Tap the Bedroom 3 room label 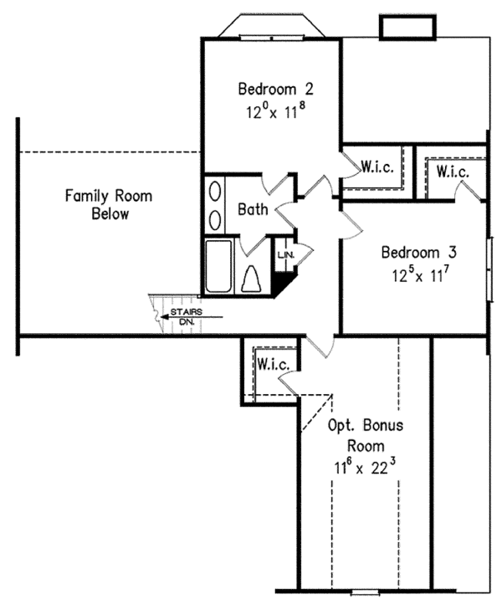click(416, 252)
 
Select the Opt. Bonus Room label click(365, 435)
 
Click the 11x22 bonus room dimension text click(365, 461)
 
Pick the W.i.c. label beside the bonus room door click(274, 365)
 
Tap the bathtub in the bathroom click(221, 267)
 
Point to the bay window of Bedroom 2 click(271, 24)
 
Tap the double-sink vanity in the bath click(215, 206)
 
